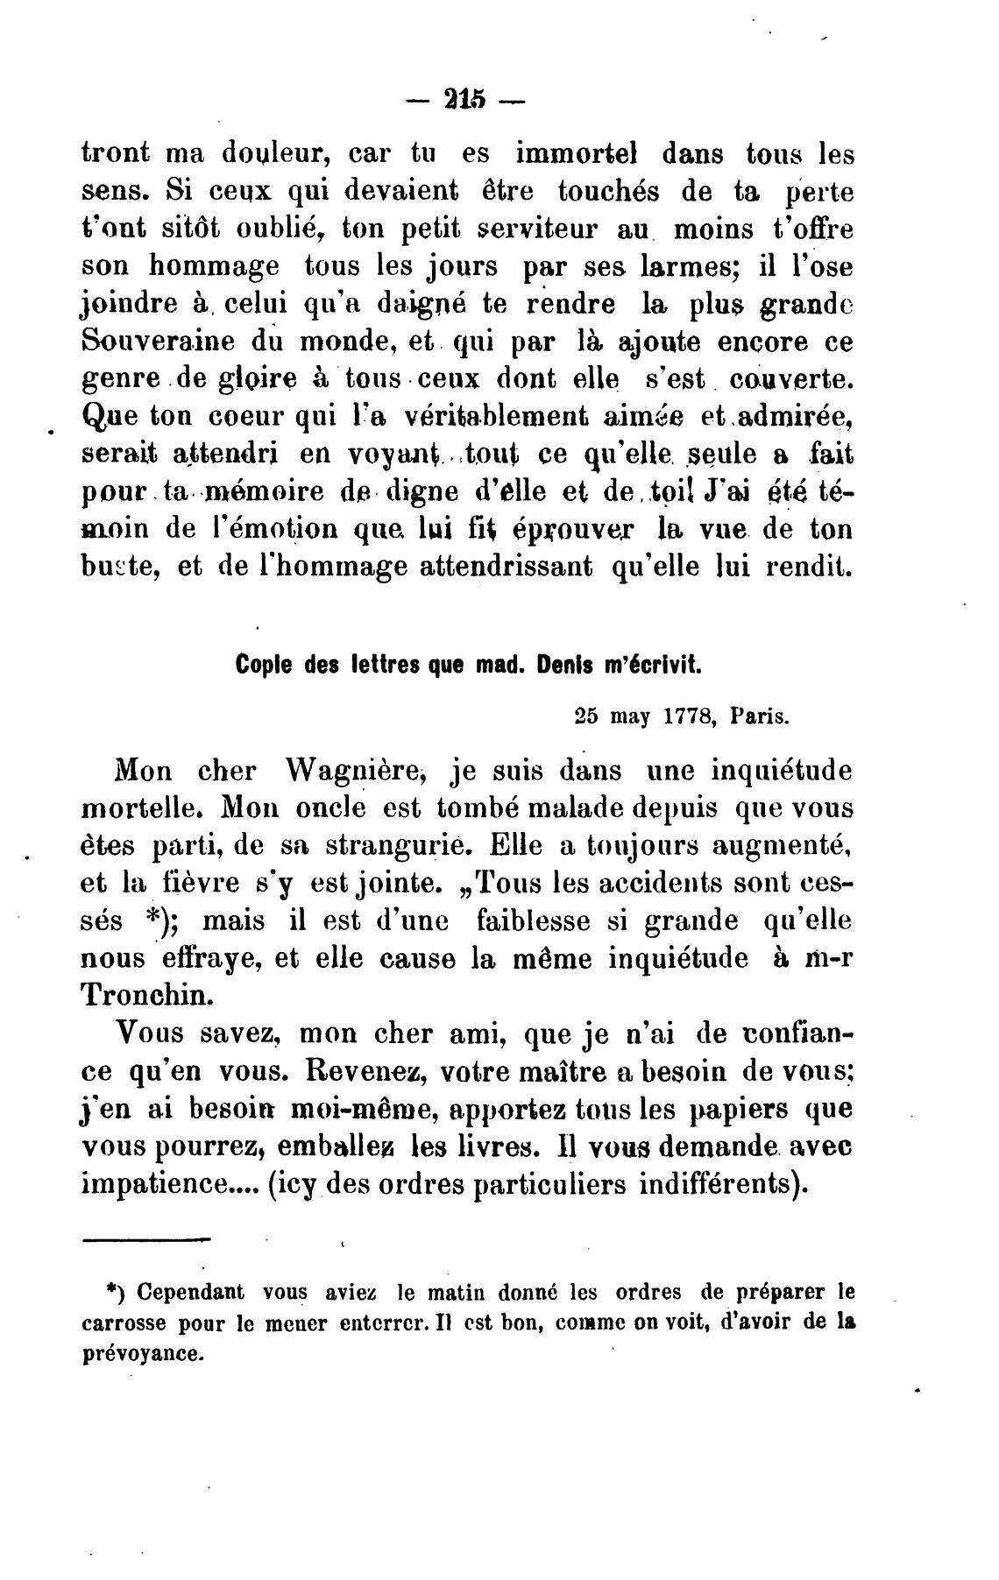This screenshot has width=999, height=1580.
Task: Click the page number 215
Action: click(x=465, y=98)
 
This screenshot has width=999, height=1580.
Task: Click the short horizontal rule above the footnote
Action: click(x=146, y=1238)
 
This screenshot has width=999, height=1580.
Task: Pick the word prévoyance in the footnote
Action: click(x=141, y=1353)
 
